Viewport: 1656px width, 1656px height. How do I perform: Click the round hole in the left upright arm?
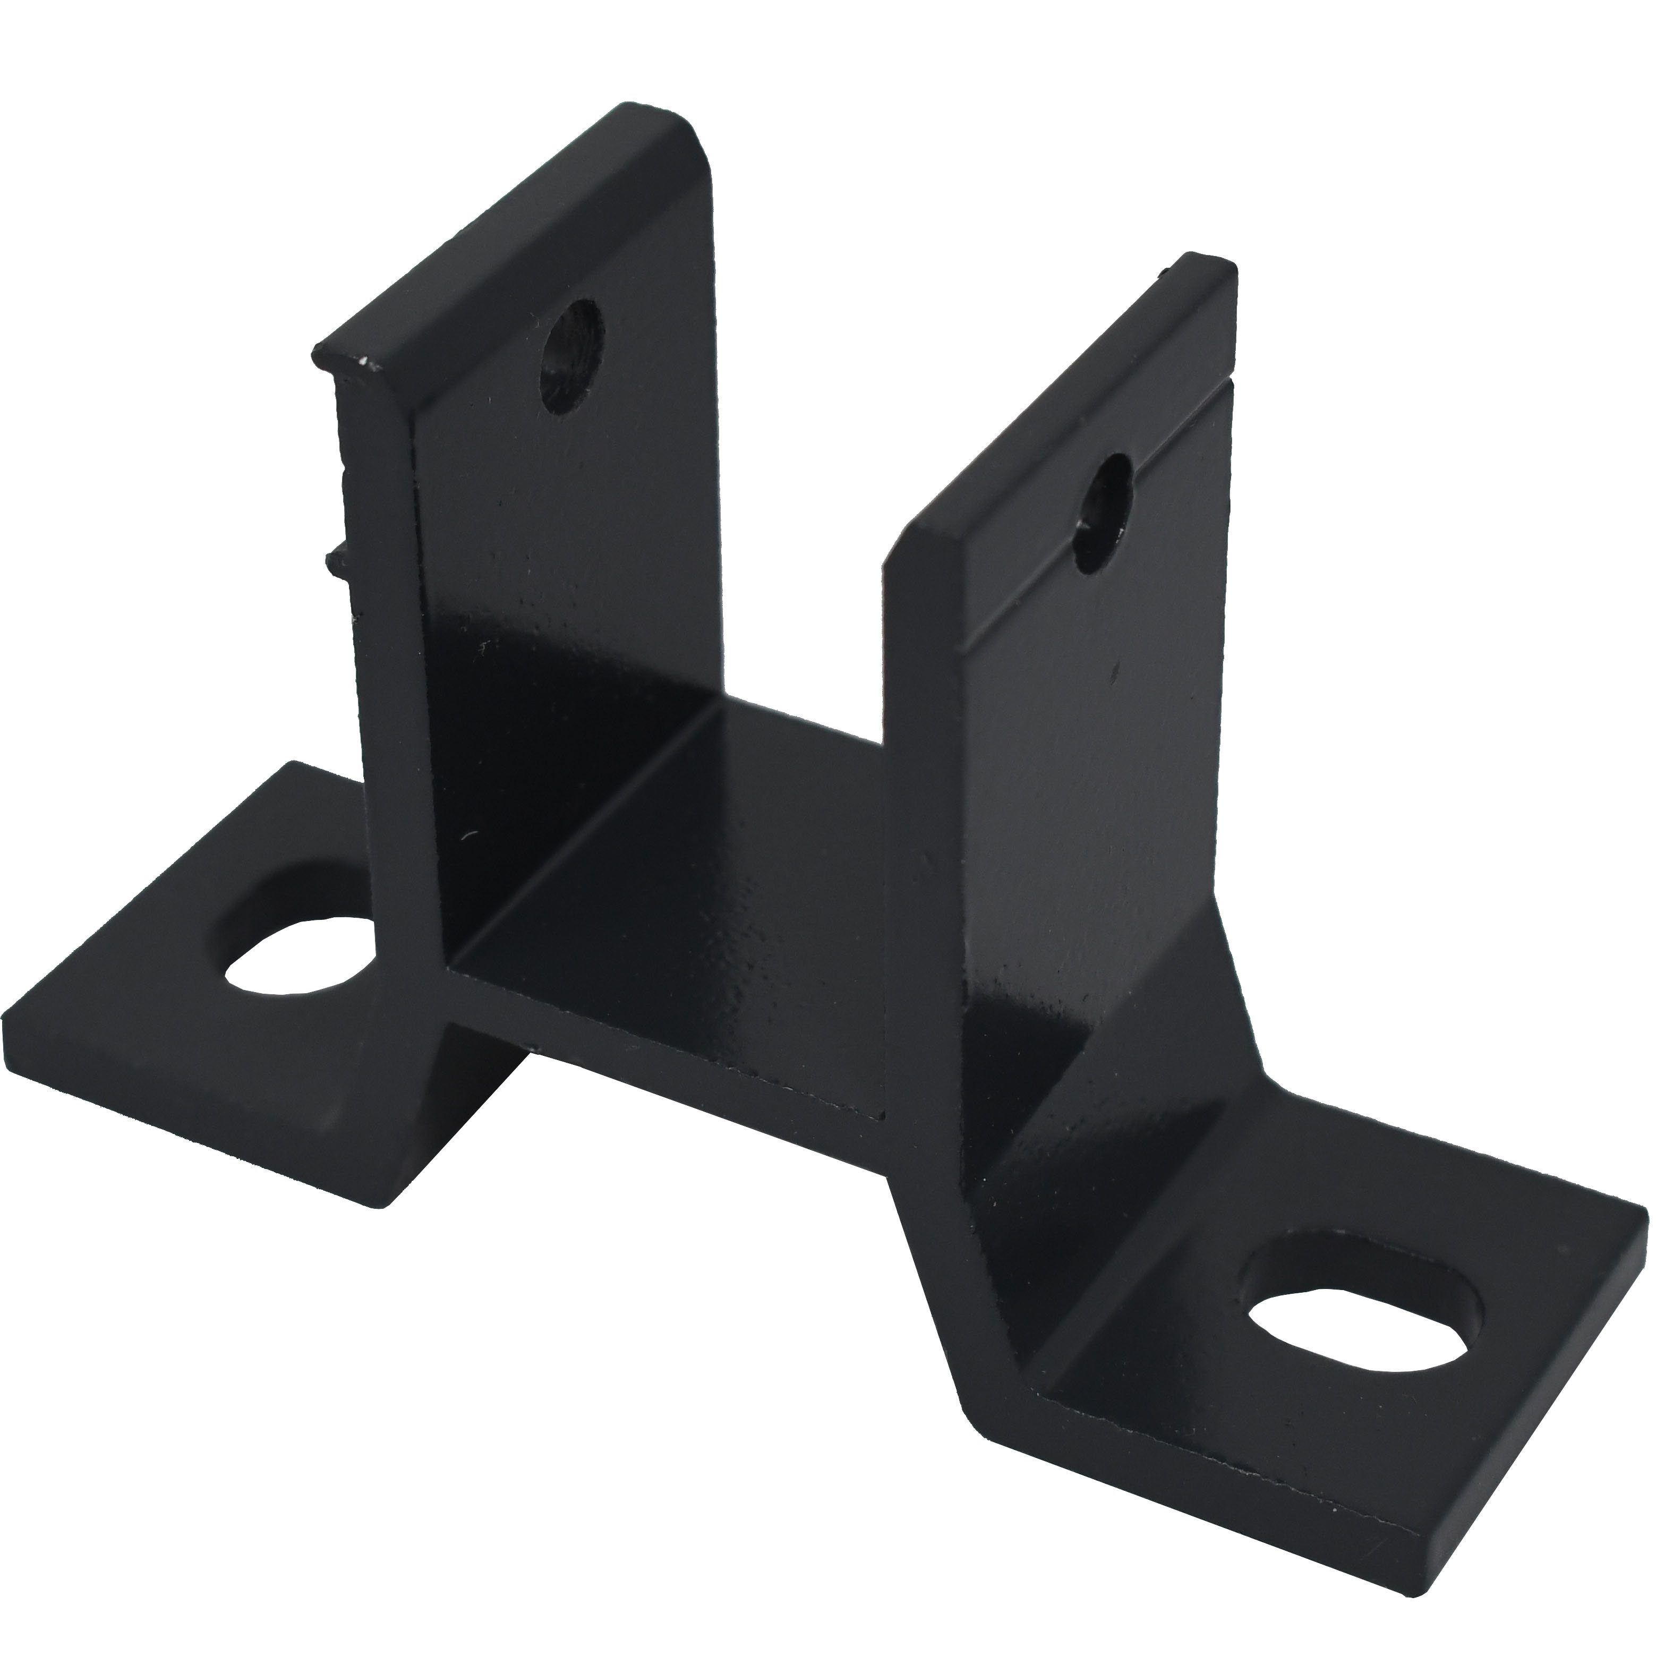[x=571, y=356]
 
